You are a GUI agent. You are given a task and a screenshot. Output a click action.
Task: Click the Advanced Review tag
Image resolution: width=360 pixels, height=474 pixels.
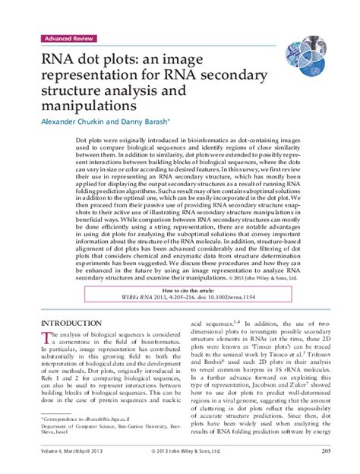[x=66, y=37]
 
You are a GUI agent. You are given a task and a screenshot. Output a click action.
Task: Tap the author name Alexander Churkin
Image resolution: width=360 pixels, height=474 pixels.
[x=68, y=120]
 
